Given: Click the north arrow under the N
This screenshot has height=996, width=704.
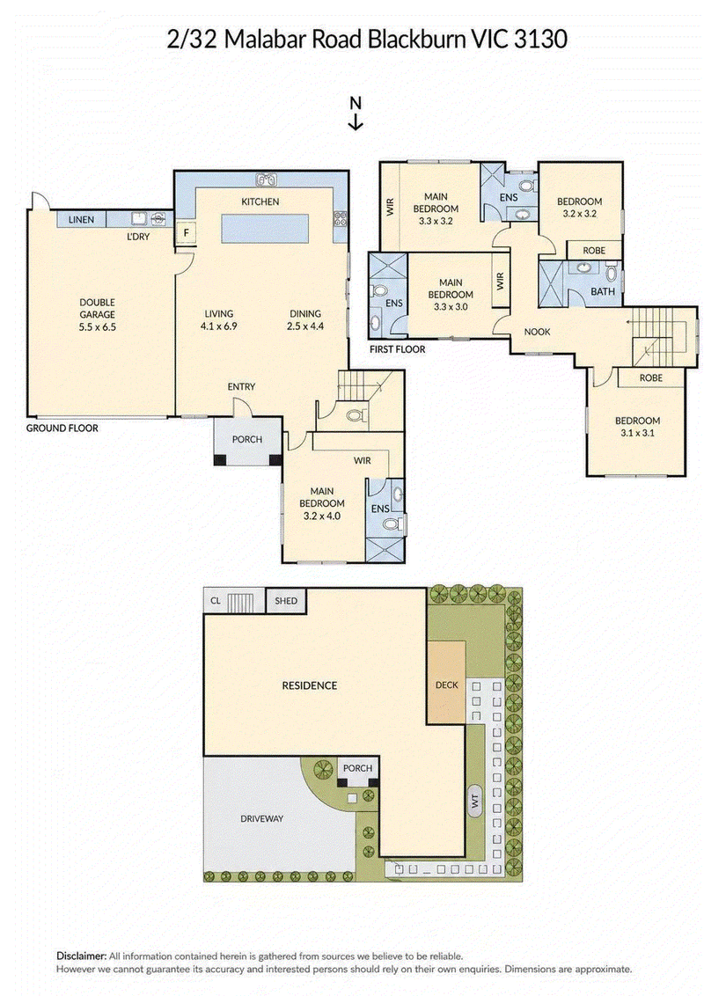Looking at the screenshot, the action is (x=356, y=122).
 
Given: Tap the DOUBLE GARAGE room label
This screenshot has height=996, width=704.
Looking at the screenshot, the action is (x=97, y=309).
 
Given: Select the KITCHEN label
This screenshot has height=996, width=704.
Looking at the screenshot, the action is (x=260, y=202).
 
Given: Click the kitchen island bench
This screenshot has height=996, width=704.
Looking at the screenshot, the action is (x=265, y=228).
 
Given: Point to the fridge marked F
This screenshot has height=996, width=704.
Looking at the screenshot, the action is (x=187, y=232).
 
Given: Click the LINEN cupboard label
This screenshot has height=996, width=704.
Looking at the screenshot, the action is (x=81, y=220).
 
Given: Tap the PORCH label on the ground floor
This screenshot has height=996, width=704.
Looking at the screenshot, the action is (x=247, y=440).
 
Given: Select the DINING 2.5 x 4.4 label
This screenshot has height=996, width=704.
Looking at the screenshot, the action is (x=305, y=320).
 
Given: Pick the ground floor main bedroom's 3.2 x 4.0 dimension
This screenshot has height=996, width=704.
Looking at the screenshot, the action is (x=322, y=516).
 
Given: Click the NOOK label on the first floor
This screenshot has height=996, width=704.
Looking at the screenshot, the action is (x=537, y=332).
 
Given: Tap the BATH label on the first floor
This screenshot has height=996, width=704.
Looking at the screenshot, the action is (x=602, y=291).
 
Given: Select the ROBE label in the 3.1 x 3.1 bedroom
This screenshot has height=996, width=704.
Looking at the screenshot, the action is (x=650, y=378).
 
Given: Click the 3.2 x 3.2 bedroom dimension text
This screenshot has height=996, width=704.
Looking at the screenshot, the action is (x=579, y=214).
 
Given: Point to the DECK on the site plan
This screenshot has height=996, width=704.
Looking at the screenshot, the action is (x=447, y=682).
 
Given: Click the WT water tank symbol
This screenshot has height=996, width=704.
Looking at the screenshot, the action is (x=473, y=802).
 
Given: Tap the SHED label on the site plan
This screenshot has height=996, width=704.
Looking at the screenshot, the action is (x=286, y=600).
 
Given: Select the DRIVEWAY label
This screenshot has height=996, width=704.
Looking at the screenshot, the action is (x=261, y=819).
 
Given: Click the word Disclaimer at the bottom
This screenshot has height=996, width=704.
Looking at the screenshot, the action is (x=81, y=956).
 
